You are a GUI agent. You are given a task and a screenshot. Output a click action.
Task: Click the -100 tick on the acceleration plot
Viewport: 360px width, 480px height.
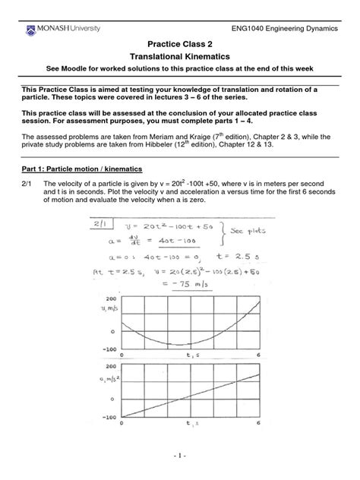click(x=108, y=416)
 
